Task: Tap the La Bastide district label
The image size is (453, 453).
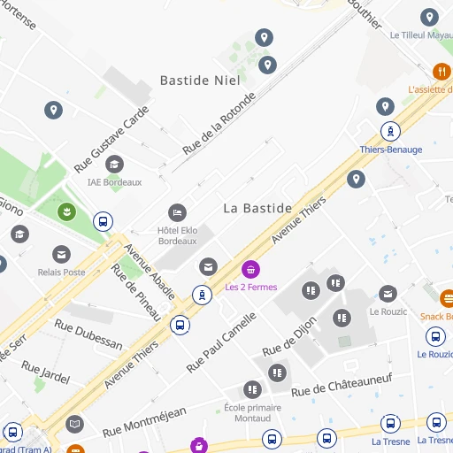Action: pos(257,208)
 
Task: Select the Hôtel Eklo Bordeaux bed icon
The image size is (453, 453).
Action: pos(177,213)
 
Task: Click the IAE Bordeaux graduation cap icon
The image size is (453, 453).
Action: pos(114,165)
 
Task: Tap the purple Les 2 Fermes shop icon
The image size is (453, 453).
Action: pos(251,270)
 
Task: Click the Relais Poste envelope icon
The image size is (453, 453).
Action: pos(61,255)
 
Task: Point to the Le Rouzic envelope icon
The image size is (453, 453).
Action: pos(388,294)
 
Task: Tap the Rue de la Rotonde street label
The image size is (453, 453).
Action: pos(219,125)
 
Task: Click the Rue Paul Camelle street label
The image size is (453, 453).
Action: pos(221,341)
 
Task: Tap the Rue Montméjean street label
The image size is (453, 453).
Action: pos(144,421)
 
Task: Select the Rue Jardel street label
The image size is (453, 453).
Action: pos(45,372)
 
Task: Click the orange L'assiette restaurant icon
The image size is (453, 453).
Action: pos(441,72)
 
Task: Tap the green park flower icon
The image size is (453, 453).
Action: pos(65,211)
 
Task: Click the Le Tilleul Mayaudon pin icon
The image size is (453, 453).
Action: pos(429,17)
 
